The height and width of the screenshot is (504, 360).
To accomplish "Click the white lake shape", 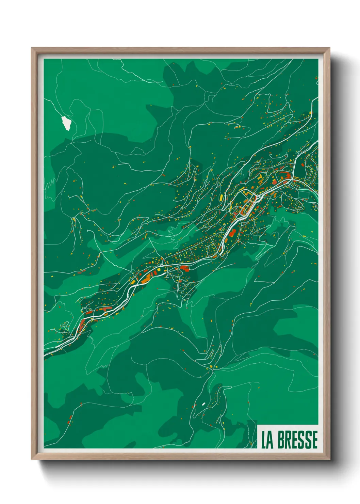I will [x=66, y=123].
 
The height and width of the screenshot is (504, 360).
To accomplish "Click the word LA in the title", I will [x=267, y=440].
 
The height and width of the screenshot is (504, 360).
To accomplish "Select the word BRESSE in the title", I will [x=298, y=440].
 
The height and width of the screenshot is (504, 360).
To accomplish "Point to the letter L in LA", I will [x=264, y=440].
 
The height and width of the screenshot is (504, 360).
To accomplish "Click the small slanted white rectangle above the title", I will [x=203, y=404].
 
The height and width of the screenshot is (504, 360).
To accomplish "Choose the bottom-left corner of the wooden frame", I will [x=32, y=459].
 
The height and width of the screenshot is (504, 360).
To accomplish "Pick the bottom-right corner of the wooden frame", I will [x=329, y=459].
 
